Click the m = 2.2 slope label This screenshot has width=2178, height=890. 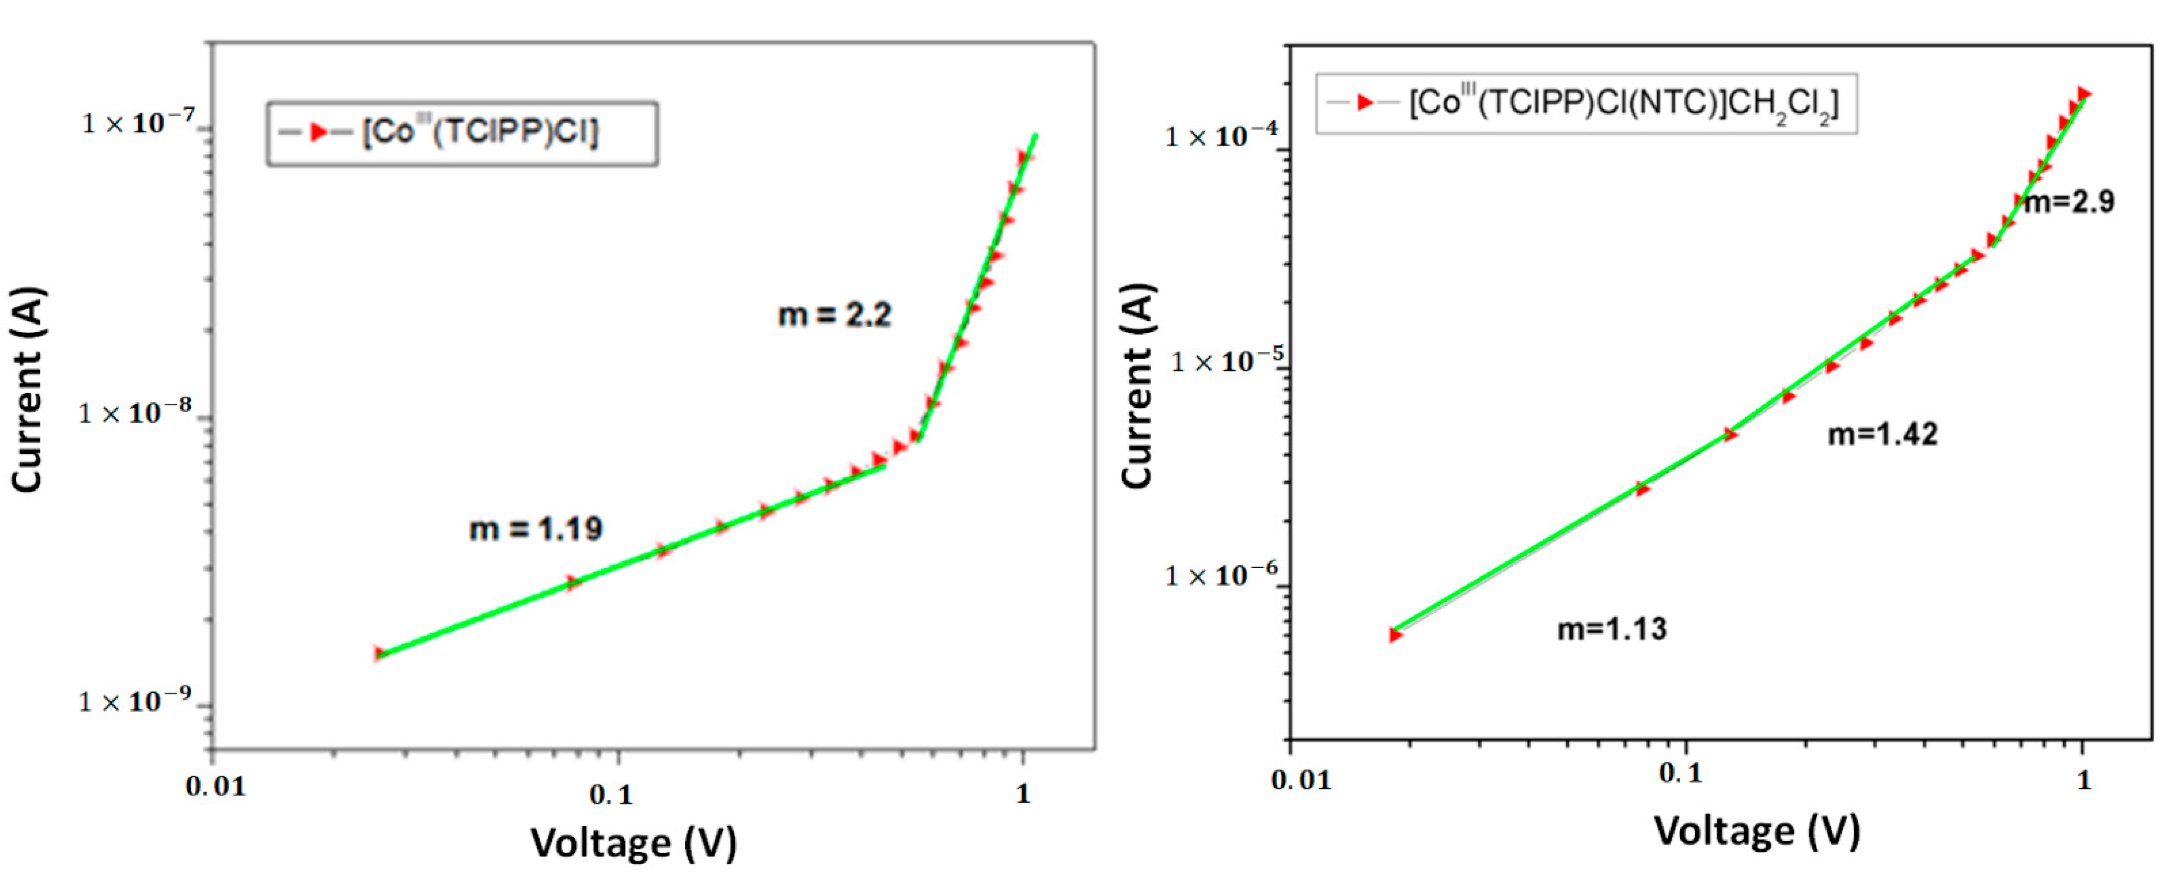[x=835, y=315]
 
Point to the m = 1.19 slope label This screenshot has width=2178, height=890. [x=536, y=529]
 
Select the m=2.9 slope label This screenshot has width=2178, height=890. [x=2069, y=202]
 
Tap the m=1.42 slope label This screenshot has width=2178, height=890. [x=1882, y=435]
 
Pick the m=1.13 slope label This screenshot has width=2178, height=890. [x=1612, y=629]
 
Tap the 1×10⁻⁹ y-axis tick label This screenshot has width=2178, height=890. [x=135, y=701]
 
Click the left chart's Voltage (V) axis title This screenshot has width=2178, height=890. [x=633, y=843]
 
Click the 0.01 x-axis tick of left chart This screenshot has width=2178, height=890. [x=216, y=787]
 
